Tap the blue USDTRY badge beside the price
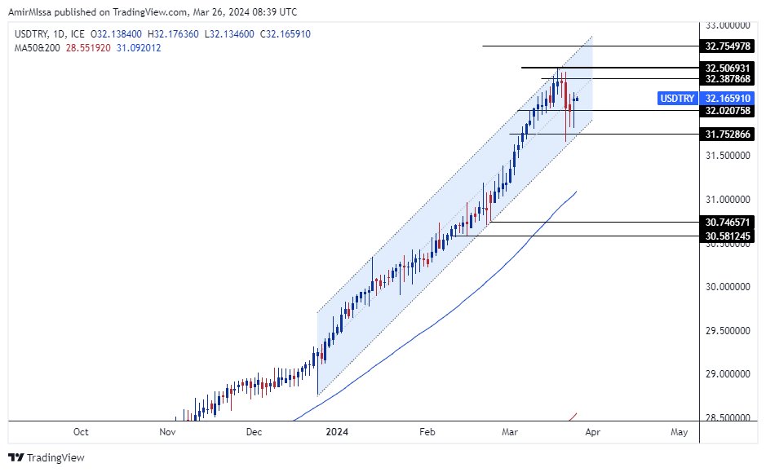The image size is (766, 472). [677, 98]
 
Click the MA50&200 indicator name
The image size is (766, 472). [36, 47]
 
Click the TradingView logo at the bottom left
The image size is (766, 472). [46, 457]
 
